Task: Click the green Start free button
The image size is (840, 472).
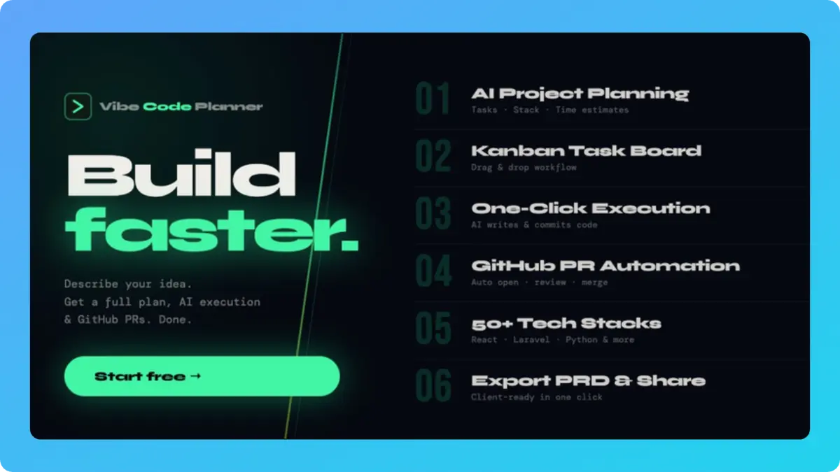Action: click(202, 376)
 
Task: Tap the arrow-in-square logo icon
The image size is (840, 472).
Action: click(78, 107)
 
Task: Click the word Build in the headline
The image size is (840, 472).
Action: click(181, 174)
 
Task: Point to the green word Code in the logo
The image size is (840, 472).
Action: click(167, 107)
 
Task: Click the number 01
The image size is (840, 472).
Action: click(433, 99)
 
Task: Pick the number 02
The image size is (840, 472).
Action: click(433, 157)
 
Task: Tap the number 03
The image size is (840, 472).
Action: click(433, 214)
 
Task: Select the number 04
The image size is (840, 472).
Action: click(433, 271)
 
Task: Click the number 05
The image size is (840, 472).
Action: click(433, 329)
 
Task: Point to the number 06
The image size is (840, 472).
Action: click(433, 386)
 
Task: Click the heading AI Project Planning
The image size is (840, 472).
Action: click(580, 94)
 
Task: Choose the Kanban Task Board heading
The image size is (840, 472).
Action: click(586, 151)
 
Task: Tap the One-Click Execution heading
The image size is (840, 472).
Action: click(590, 208)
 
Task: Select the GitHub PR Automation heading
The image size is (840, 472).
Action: click(605, 266)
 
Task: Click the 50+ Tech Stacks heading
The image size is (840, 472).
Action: click(566, 323)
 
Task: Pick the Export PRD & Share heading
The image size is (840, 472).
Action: click(588, 380)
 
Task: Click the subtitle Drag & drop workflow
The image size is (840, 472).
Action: click(524, 168)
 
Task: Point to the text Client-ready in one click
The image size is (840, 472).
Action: click(536, 397)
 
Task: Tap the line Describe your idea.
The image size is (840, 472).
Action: click(128, 285)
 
